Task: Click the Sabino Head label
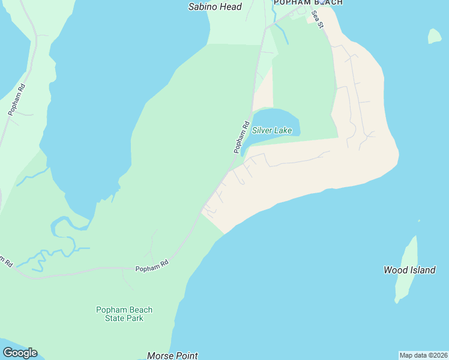pyautogui.click(x=215, y=7)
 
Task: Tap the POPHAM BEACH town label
pyautogui.click(x=308, y=2)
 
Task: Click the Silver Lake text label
pyautogui.click(x=272, y=130)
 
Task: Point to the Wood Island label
pyautogui.click(x=409, y=270)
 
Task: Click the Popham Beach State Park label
pyautogui.click(x=124, y=314)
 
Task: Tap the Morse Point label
pyautogui.click(x=172, y=356)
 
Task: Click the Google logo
pyautogui.click(x=20, y=353)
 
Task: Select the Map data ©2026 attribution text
pyautogui.click(x=423, y=355)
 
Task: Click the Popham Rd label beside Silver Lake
pyautogui.click(x=241, y=138)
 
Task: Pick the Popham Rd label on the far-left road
pyautogui.click(x=16, y=99)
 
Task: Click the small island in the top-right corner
pyautogui.click(x=434, y=37)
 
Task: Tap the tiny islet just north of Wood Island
pyautogui.click(x=418, y=221)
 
